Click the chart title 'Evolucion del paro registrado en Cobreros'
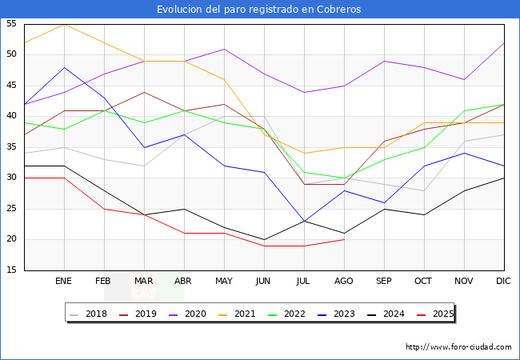coord(259,10)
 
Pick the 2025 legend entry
coord(442,314)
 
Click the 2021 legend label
coord(245,314)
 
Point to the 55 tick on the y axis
coord(11,24)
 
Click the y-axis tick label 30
coord(11,178)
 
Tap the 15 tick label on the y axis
coord(11,271)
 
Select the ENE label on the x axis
coord(64,282)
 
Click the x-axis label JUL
coord(303,282)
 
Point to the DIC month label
coord(504,282)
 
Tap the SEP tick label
coord(384,282)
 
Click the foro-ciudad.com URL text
coord(458,347)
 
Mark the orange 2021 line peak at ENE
coord(64,24)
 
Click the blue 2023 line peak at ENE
coord(64,67)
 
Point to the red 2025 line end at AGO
coord(344,239)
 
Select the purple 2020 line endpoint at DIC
coord(504,42)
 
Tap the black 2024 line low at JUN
coord(264,239)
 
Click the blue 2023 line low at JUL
coord(304,221)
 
